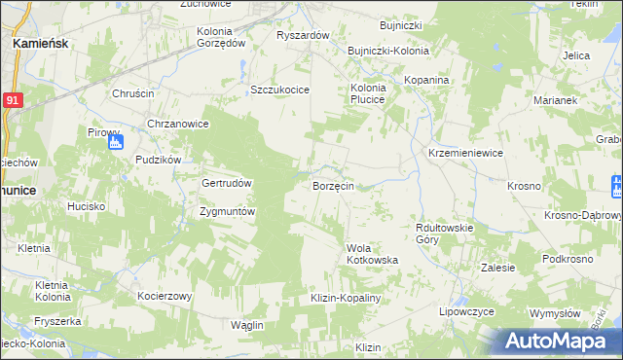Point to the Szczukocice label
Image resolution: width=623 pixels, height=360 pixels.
pos(279,90)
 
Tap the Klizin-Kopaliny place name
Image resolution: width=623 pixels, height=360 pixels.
pos(344,298)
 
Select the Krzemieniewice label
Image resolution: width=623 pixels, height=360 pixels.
pos(465,153)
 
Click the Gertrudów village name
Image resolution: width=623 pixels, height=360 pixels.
pos(227,183)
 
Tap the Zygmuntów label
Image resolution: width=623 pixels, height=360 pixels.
pos(227,211)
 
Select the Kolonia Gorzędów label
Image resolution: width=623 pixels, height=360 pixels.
pos(220,37)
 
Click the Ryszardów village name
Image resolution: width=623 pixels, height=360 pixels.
pos(304,35)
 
